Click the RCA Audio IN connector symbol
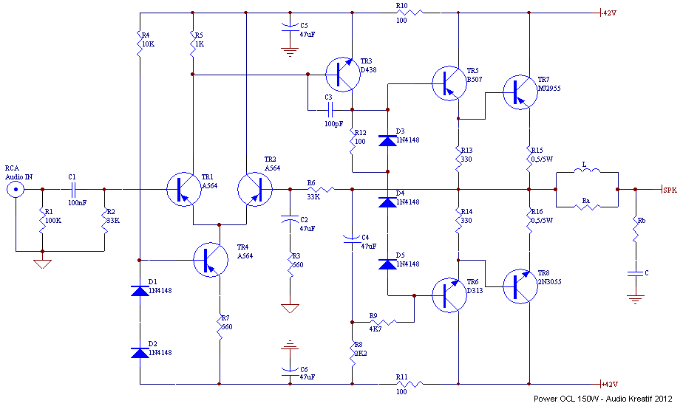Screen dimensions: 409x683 (14, 190)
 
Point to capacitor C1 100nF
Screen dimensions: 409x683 (73, 189)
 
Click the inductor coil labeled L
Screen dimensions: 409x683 (587, 173)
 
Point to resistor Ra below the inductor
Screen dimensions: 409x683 (587, 207)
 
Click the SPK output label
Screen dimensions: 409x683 (669, 190)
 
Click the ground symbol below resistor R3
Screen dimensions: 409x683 (290, 306)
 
